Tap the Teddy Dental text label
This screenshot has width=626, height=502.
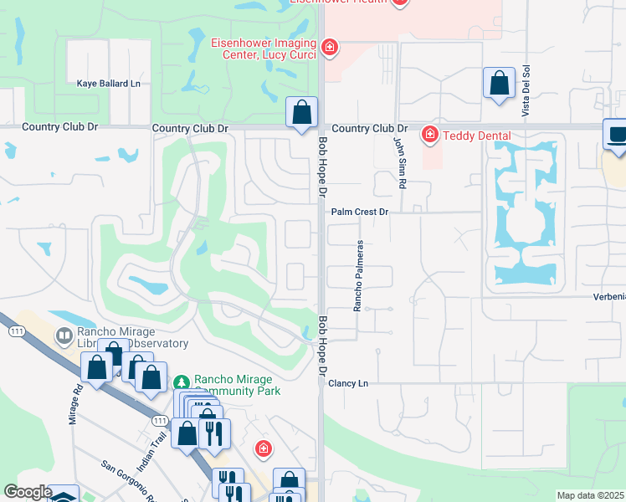point(477,135)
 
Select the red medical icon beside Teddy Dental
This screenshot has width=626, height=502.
point(430,134)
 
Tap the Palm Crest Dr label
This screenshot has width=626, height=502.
point(360,213)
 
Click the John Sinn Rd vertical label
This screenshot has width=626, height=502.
point(402,161)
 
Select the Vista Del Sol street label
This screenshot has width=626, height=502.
point(526,91)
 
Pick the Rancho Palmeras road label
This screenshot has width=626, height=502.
point(357,276)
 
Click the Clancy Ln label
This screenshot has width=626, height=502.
point(348,383)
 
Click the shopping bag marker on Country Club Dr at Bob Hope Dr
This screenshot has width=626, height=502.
point(302,112)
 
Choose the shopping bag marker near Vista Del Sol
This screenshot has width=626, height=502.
point(499,84)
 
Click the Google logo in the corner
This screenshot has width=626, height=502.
point(27,492)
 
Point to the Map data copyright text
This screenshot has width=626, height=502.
point(590,495)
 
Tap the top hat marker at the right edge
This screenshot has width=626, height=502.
point(616,136)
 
